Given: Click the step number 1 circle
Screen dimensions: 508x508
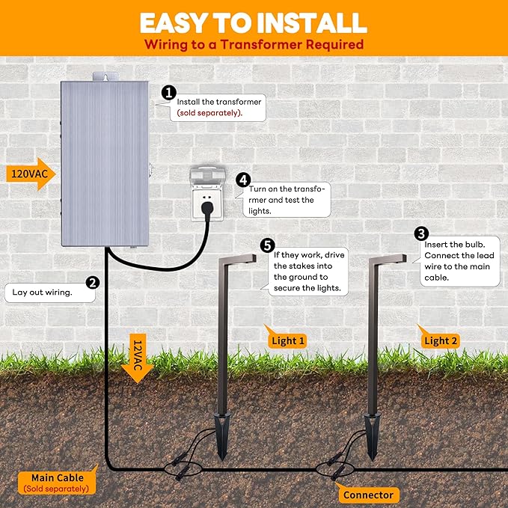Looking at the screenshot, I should pos(169,93).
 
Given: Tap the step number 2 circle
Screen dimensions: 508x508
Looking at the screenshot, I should pos(93,282).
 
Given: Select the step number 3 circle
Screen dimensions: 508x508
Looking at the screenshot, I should pos(421,234).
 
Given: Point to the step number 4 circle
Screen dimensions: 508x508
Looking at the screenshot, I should pos(243,180).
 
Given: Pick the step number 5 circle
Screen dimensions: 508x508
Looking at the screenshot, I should pos(267,245).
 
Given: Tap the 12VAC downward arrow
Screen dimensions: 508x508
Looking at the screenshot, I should pos(138,358).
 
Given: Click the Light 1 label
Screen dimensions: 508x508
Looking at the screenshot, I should pos(288,340).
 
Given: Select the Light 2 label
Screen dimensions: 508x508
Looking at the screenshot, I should pos(441,340).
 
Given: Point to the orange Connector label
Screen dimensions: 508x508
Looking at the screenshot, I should pos(367,495).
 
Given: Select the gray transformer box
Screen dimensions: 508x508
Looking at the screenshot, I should pos(104,163).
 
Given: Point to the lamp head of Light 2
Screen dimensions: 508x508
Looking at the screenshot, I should pos(393,260).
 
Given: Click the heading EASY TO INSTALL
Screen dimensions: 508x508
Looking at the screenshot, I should pos(253,22).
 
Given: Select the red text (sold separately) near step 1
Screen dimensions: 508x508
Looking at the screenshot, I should pos(206,112).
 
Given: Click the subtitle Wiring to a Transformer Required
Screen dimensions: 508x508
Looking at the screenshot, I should pos(254,44).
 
